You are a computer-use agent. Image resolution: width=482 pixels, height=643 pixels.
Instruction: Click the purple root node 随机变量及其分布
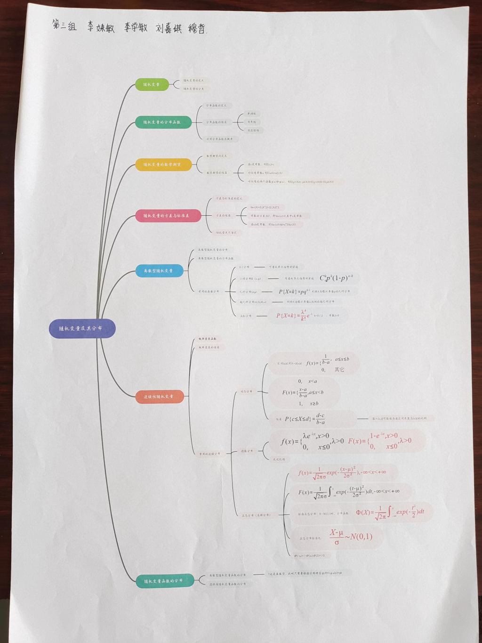point(82,328)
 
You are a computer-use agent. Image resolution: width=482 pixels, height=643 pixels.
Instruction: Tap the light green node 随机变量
point(152,85)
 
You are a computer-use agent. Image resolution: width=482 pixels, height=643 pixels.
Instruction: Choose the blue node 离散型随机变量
point(159,271)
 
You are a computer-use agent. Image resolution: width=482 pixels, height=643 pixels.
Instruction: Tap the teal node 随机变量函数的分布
point(164,581)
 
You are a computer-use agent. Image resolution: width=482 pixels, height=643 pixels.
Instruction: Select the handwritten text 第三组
point(64,25)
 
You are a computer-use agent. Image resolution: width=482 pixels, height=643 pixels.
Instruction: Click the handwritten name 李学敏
point(136,27)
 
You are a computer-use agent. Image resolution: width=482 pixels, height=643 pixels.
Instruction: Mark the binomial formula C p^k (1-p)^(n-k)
point(337,278)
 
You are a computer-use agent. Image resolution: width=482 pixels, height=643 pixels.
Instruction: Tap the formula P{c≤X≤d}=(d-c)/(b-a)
point(305,419)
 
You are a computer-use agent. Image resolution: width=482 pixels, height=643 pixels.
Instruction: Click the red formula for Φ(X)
point(390,512)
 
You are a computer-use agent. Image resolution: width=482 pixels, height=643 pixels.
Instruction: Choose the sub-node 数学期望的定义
point(217,155)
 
